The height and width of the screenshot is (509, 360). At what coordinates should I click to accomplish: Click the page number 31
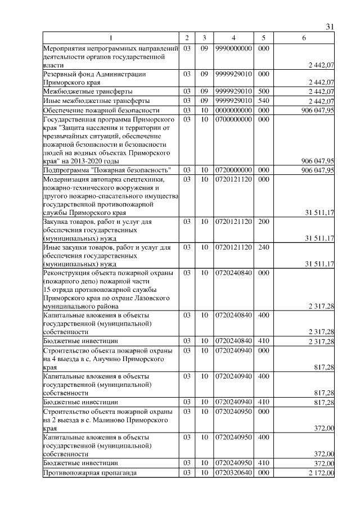tap(330, 27)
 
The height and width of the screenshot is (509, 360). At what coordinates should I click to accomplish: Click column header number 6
tap(304, 38)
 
